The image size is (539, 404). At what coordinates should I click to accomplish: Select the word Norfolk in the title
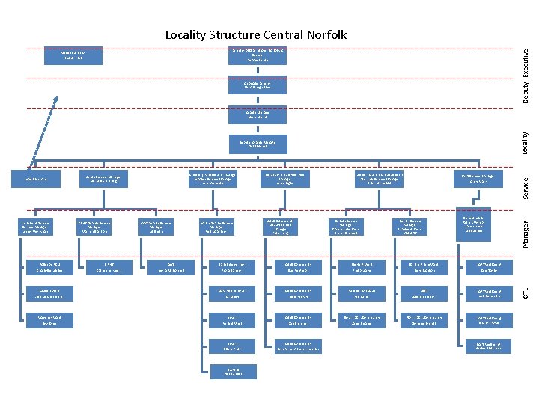click(x=326, y=35)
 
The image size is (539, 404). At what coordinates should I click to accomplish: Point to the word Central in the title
click(x=283, y=35)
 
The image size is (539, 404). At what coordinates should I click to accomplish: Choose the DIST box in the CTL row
click(x=425, y=295)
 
